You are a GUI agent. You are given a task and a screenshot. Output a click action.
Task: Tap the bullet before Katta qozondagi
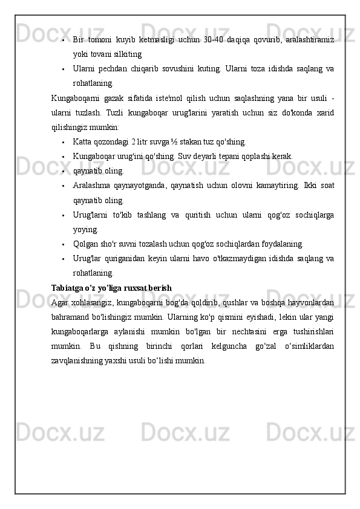coord(63,143)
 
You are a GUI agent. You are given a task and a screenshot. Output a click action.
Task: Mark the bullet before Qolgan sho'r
coord(63,244)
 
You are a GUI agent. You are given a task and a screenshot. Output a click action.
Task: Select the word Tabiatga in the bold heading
coord(68,287)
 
